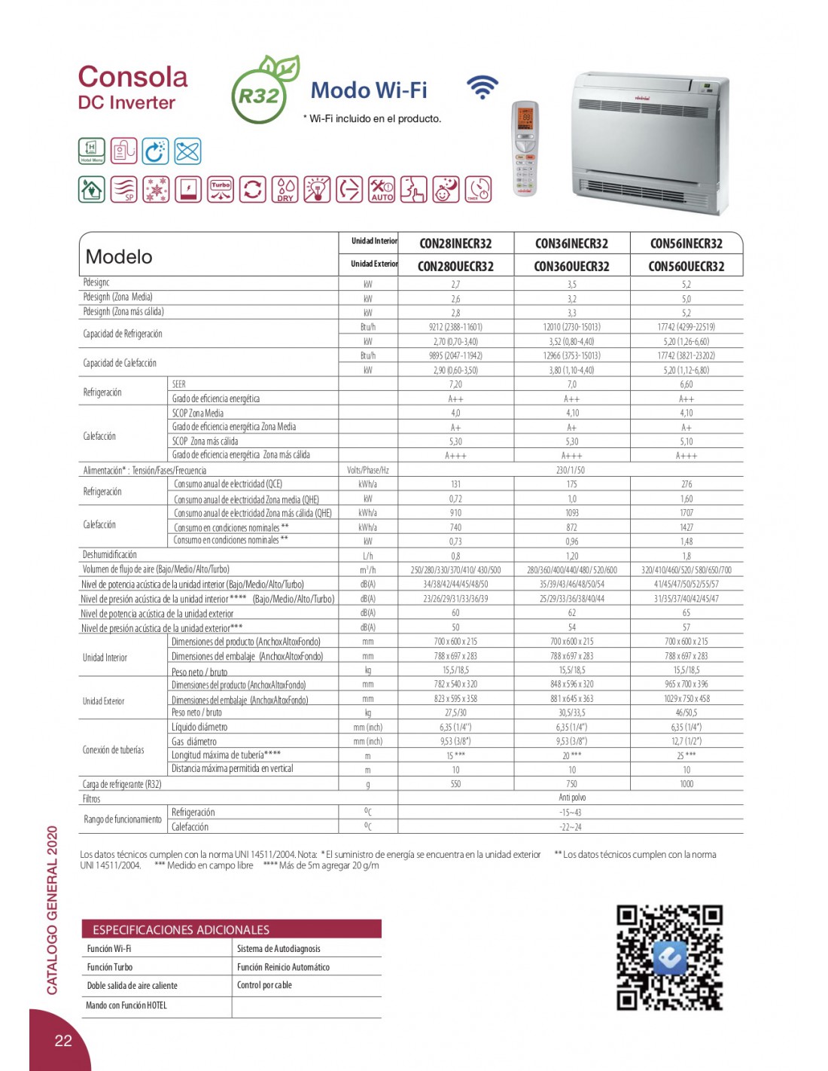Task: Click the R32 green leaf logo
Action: pyautogui.click(x=264, y=90)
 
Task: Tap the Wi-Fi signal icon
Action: pyautogui.click(x=482, y=87)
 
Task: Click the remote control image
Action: pyautogui.click(x=525, y=148)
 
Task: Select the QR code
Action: pyautogui.click(x=669, y=957)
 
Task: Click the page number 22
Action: pyautogui.click(x=63, y=1040)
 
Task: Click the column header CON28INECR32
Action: pyautogui.click(x=455, y=243)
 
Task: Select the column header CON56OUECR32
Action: pyautogui.click(x=686, y=266)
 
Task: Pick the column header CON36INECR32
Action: pyautogui.click(x=571, y=243)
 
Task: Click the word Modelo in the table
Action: pyautogui.click(x=119, y=257)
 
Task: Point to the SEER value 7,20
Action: pyautogui.click(x=455, y=384)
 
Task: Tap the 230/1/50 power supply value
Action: pyautogui.click(x=571, y=470)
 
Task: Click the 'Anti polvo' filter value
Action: pyautogui.click(x=572, y=798)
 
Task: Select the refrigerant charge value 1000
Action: pyautogui.click(x=686, y=784)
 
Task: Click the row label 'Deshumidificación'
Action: pyautogui.click(x=110, y=555)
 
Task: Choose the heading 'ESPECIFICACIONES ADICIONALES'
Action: pyautogui.click(x=181, y=929)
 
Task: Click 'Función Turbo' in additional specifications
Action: pyautogui.click(x=110, y=967)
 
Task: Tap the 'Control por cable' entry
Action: pyautogui.click(x=264, y=985)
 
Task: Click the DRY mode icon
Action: pyautogui.click(x=285, y=189)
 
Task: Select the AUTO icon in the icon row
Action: pyautogui.click(x=382, y=189)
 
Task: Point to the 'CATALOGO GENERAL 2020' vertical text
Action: pyautogui.click(x=52, y=910)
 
